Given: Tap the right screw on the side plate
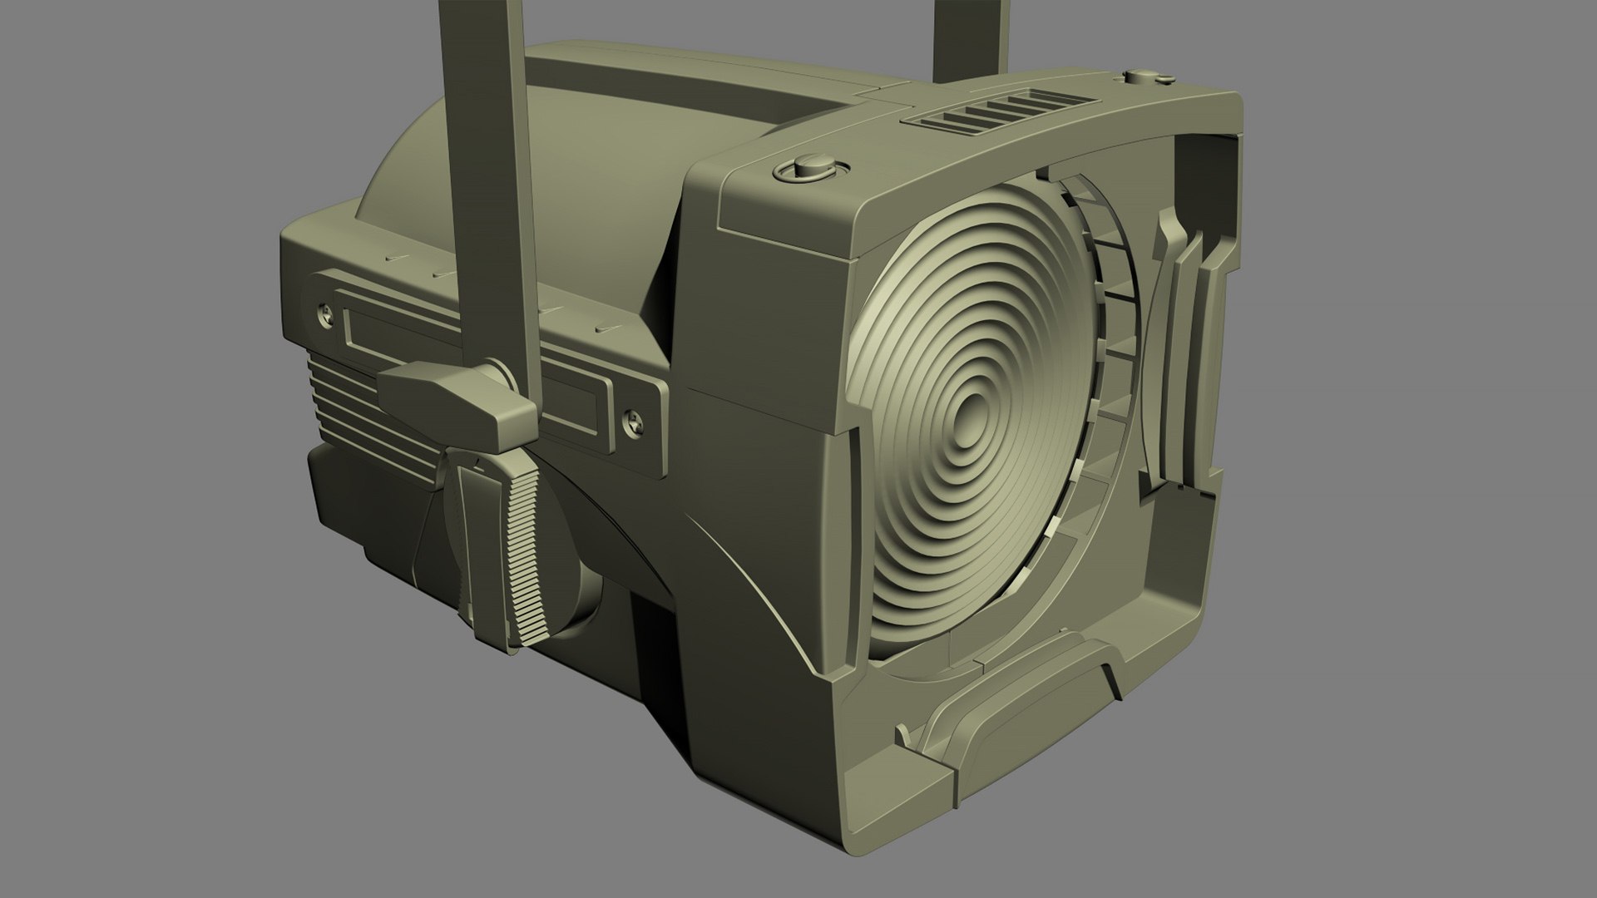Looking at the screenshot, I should click(632, 423).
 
